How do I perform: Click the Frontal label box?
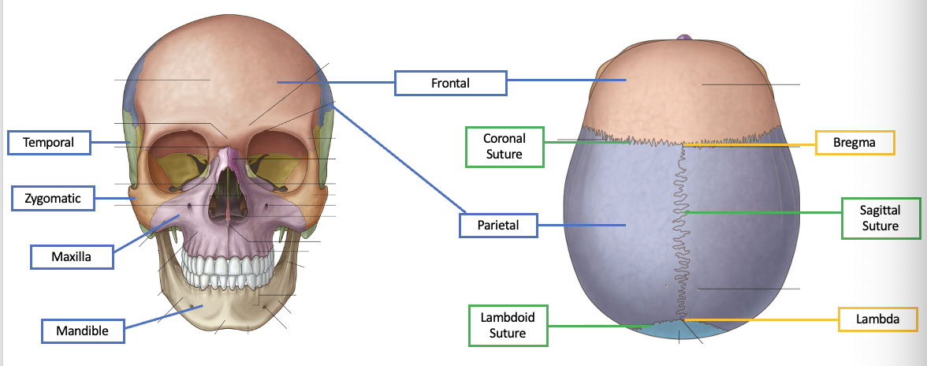450,83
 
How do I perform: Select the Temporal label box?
48,143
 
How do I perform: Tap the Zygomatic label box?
52,198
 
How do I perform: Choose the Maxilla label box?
71,256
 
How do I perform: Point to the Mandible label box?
81,331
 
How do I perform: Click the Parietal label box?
497,226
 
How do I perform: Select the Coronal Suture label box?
504,146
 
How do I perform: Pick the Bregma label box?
855,143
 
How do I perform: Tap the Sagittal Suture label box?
880,218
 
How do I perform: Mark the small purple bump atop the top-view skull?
684,38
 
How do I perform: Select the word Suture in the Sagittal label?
880,226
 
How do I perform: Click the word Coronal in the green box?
504,138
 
